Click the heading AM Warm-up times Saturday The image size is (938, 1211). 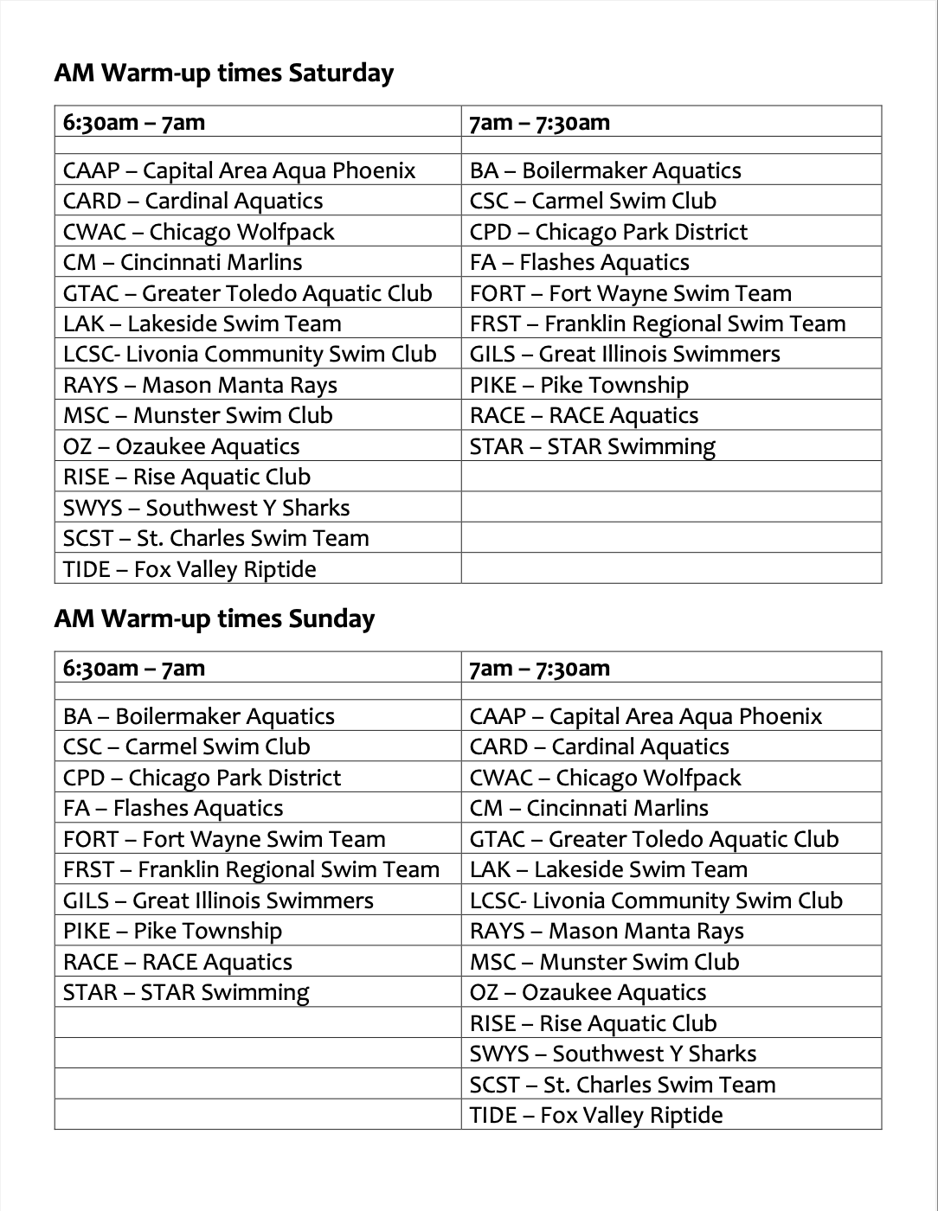(x=223, y=74)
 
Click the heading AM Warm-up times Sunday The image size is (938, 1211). (x=214, y=619)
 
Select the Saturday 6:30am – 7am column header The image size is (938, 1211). (x=134, y=122)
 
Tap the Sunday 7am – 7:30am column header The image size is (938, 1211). (x=540, y=668)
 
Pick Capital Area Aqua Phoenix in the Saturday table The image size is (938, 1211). (x=239, y=170)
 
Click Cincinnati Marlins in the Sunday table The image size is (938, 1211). (x=588, y=808)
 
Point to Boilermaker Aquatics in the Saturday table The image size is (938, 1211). (x=605, y=170)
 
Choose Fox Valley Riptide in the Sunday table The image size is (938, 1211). (x=595, y=1115)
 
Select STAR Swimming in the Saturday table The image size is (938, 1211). (x=592, y=446)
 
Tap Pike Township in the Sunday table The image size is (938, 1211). (x=172, y=931)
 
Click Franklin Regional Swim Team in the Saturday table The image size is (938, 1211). (x=657, y=324)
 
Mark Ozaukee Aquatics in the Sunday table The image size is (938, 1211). (x=588, y=992)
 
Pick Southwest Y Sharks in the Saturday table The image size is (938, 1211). (x=206, y=508)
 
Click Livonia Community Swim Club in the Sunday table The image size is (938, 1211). (x=656, y=900)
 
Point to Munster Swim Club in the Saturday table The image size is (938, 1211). (x=197, y=415)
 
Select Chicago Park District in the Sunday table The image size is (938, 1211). (x=202, y=778)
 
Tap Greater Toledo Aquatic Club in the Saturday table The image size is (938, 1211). (x=247, y=293)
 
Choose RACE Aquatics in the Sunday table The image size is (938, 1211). (x=177, y=962)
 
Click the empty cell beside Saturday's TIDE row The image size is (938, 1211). (x=671, y=569)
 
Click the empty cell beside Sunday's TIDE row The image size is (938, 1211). (x=257, y=1115)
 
